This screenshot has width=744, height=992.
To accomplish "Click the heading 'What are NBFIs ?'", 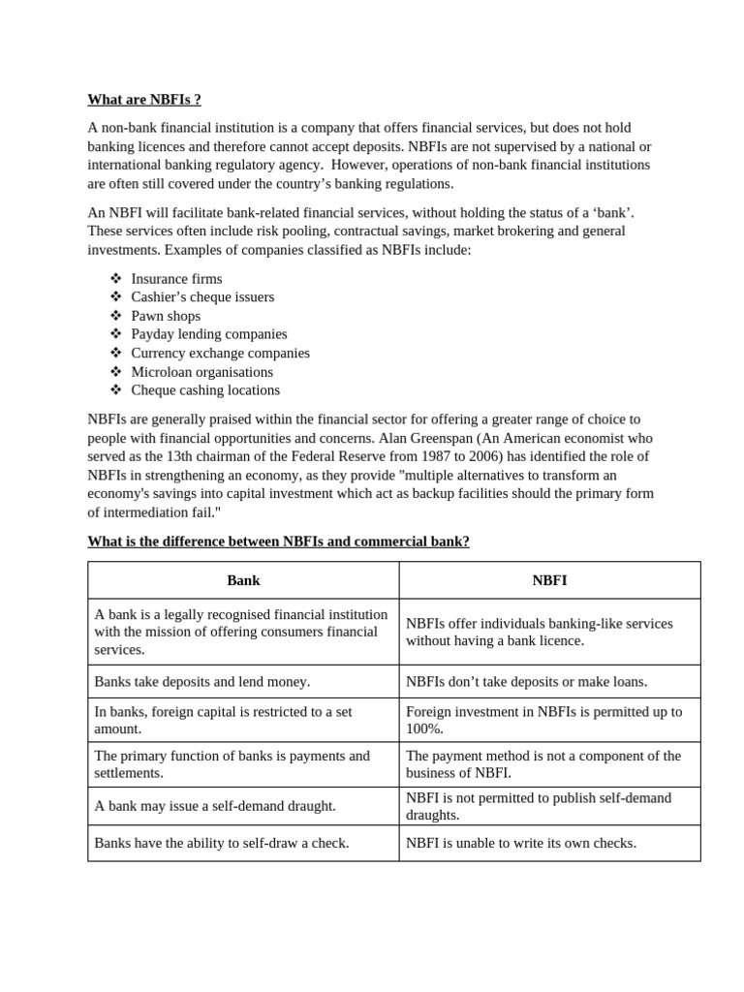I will (x=144, y=100).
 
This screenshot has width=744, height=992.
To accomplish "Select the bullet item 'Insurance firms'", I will (x=176, y=279).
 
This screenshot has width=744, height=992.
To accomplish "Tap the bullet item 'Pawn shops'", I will (x=166, y=316).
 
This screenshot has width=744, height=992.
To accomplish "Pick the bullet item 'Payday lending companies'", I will (x=209, y=334).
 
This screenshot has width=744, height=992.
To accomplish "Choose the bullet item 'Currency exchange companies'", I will (x=220, y=353).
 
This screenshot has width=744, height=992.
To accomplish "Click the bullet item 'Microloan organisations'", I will (x=201, y=372).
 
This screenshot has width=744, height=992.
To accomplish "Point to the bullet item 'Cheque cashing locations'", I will (x=205, y=390).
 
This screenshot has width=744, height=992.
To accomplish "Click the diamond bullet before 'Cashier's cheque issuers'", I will (x=116, y=297).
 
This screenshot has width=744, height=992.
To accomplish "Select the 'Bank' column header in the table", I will (x=243, y=581).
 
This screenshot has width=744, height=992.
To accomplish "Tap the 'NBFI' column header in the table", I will (x=549, y=581).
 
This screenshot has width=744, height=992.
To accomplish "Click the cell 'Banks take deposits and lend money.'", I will (x=202, y=682).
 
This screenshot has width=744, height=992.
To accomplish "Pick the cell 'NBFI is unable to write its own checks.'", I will (x=521, y=844).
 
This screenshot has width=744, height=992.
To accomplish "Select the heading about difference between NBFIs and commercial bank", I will (x=278, y=542).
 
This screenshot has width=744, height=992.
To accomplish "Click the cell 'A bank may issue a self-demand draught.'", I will (x=215, y=806).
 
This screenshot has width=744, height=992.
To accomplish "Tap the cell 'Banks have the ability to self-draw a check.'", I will (x=222, y=844).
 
